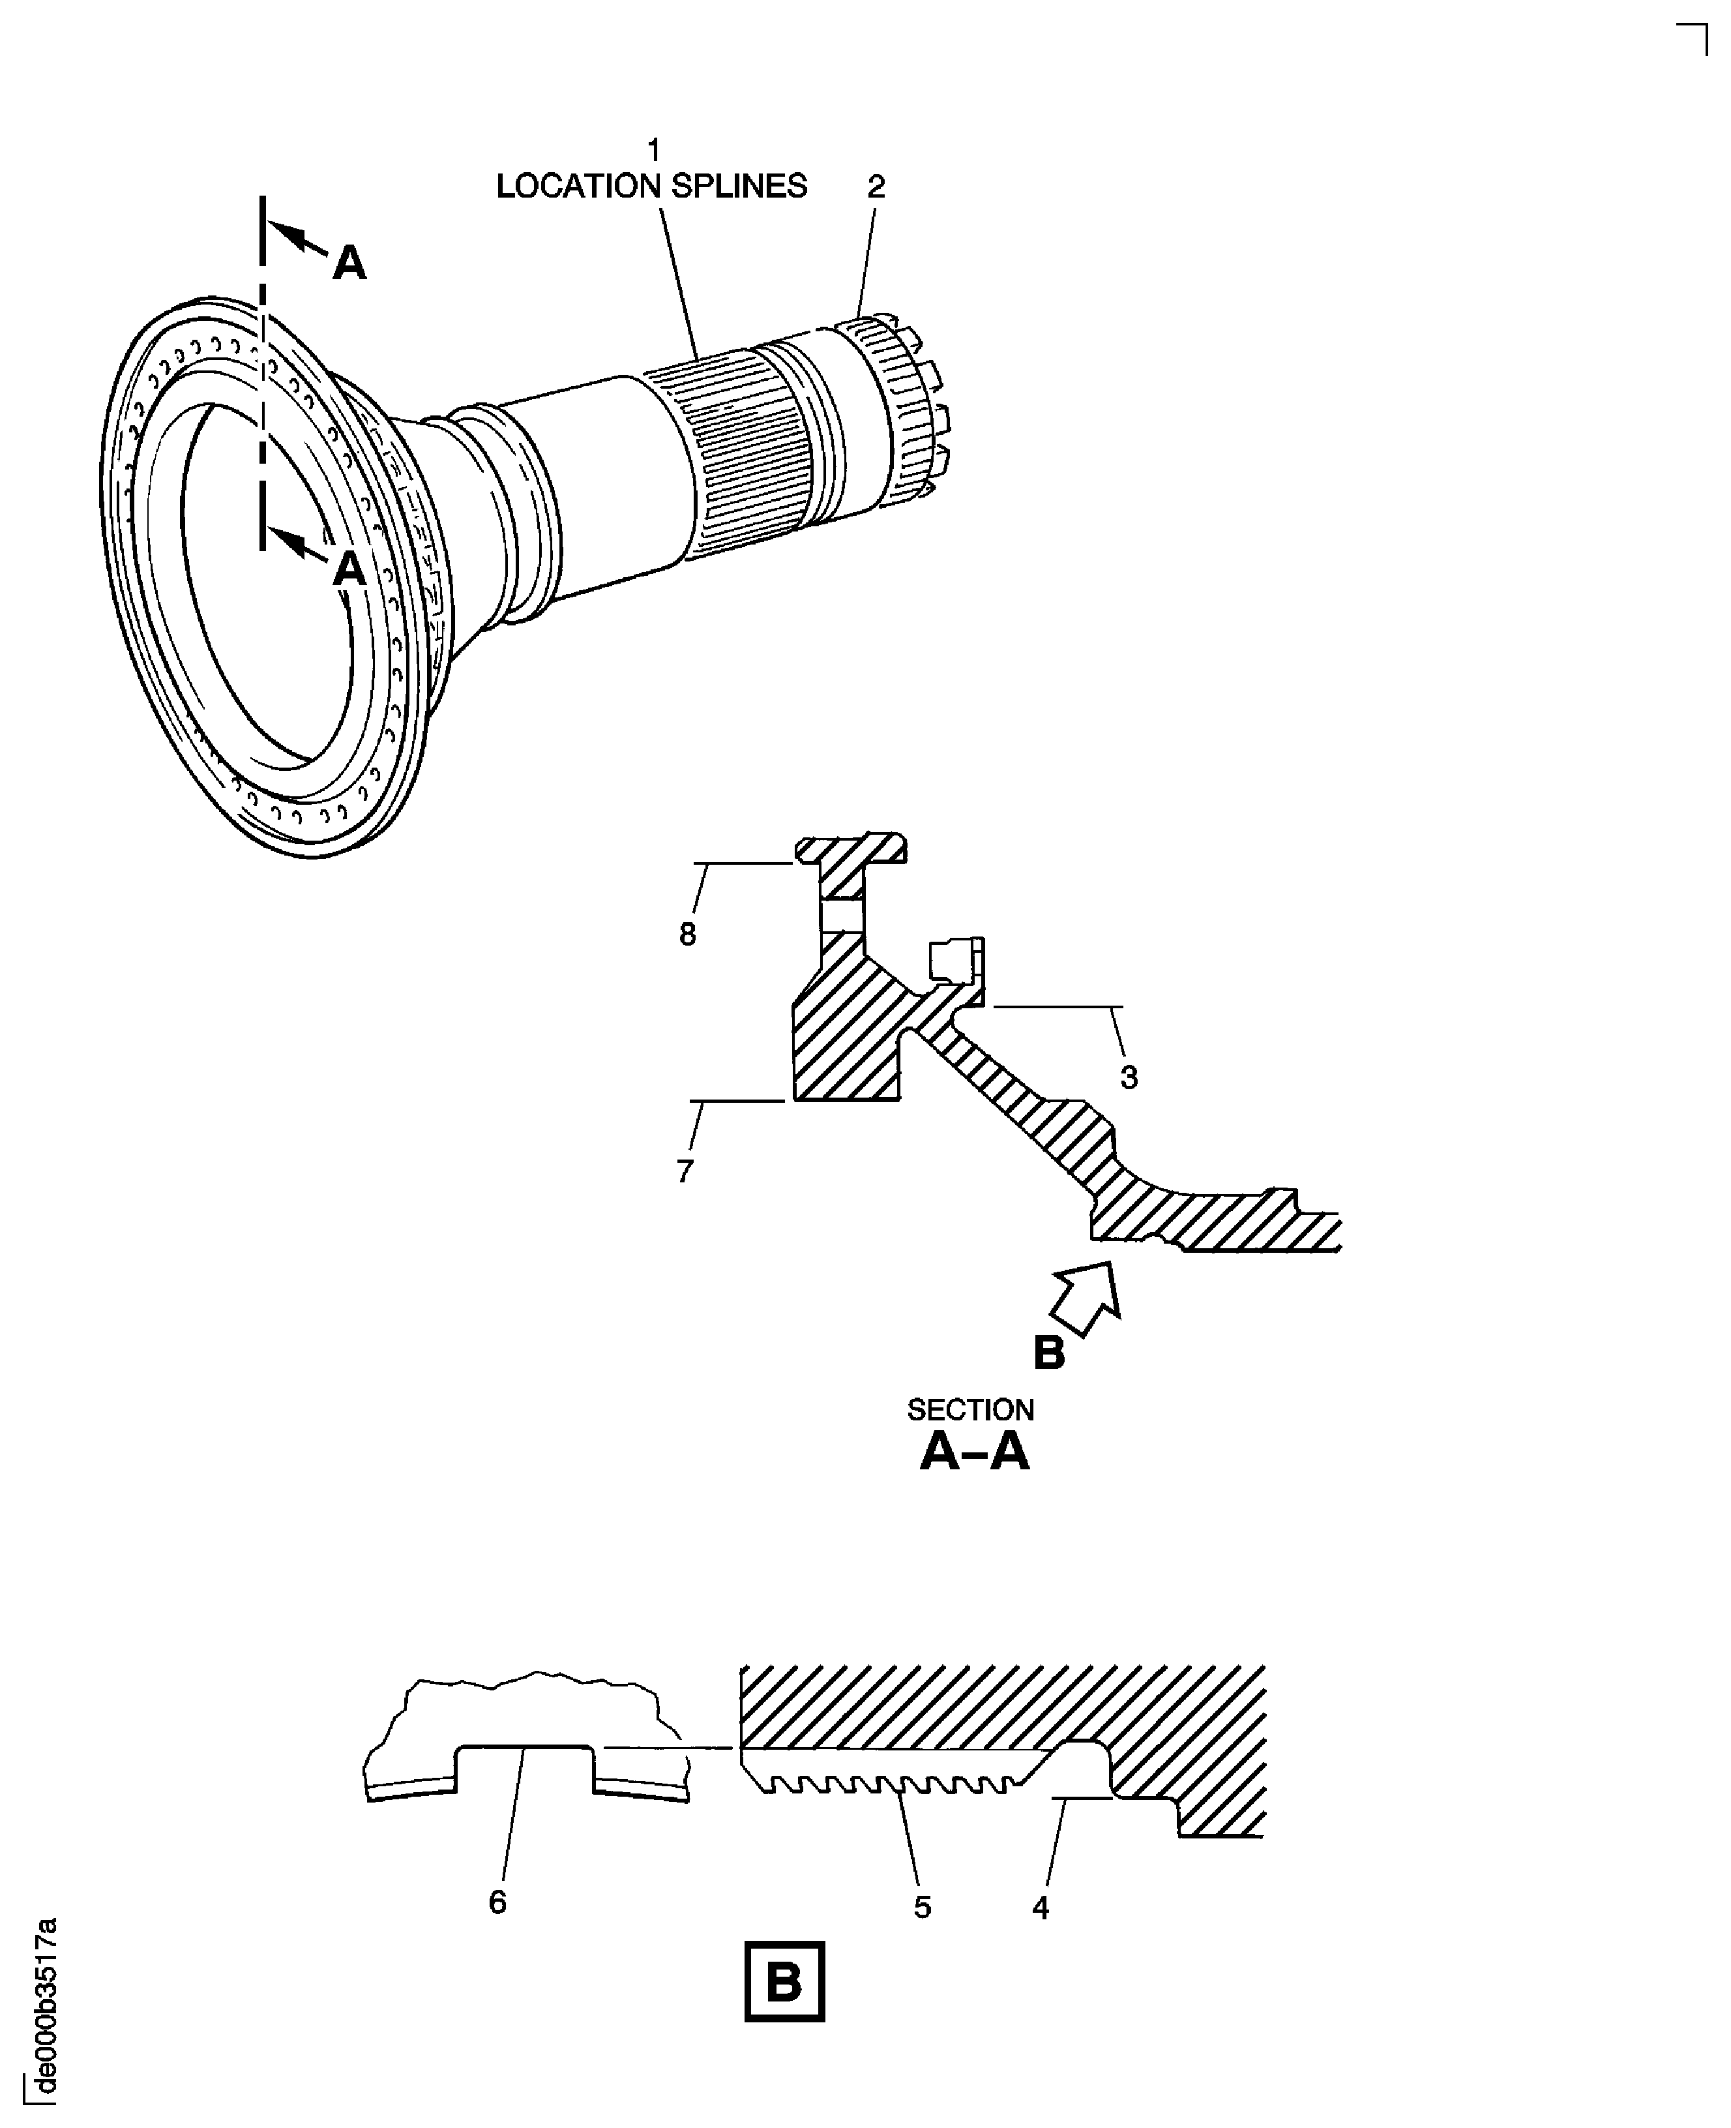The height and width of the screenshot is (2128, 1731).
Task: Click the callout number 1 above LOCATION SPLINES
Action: (653, 151)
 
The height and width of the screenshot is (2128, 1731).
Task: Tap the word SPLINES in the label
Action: (738, 187)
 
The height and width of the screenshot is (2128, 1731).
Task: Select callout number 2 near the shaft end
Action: (876, 187)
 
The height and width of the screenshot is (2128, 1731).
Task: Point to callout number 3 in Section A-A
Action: (1128, 1077)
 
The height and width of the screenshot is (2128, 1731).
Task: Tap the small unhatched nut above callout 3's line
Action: (955, 960)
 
